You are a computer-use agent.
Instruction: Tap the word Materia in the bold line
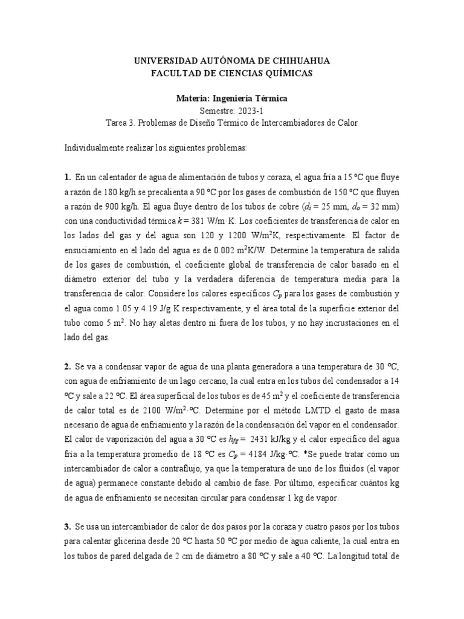194,98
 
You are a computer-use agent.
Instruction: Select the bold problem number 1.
67,178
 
